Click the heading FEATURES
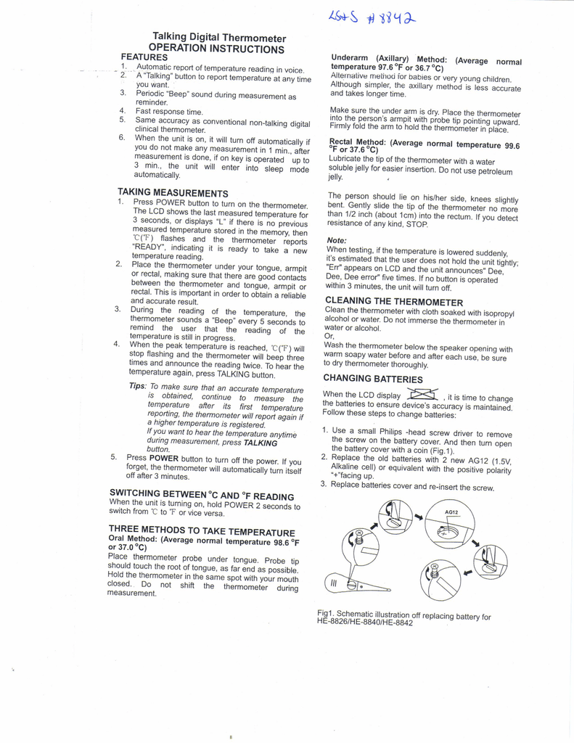[144, 57]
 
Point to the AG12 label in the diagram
[452, 512]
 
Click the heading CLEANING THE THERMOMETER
[393, 300]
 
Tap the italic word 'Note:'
[337, 239]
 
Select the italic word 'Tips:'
[138, 386]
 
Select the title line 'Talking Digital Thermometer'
[218, 38]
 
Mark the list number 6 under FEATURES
[122, 137]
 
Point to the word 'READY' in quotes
[147, 246]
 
